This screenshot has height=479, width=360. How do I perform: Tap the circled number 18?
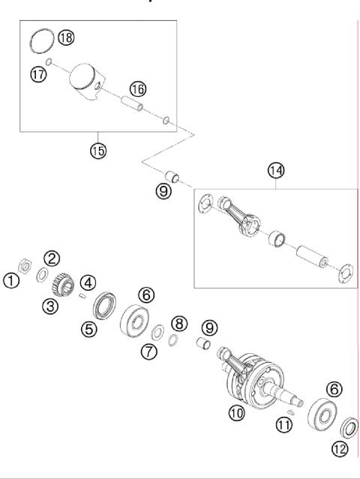(67, 37)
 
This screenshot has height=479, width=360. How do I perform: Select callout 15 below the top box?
(97, 150)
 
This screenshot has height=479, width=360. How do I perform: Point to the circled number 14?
(275, 172)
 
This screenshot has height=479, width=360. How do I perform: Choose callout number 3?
(51, 307)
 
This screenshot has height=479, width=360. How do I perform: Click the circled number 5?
(88, 328)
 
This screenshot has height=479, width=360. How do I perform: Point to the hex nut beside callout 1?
(25, 266)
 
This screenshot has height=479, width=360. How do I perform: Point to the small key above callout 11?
(292, 408)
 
